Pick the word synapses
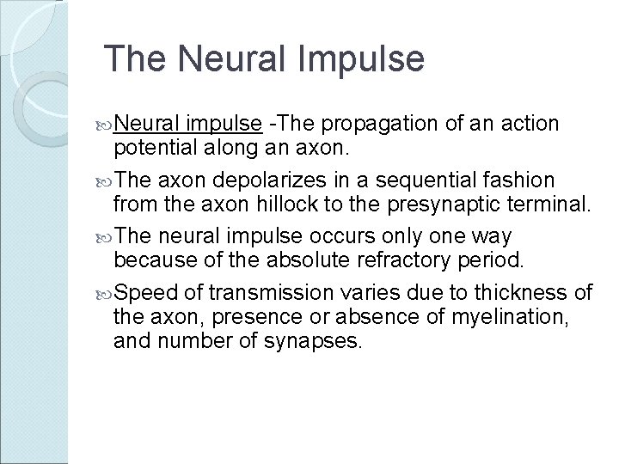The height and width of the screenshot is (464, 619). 315,342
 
